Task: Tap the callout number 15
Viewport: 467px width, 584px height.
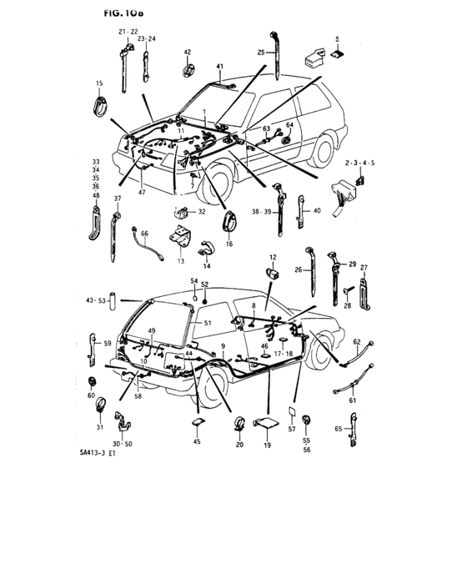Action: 99,84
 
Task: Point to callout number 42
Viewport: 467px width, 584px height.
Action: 187,53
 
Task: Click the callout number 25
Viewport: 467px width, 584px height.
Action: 260,53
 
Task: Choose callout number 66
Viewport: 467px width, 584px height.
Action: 144,234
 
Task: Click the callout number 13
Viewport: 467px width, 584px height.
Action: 179,260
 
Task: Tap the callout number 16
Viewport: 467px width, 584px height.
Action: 228,244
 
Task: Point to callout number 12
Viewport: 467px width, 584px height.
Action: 272,256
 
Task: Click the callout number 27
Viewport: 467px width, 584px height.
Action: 364,267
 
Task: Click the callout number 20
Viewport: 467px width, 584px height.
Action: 239,446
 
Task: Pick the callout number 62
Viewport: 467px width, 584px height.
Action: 356,342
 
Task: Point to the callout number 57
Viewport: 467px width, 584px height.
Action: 293,429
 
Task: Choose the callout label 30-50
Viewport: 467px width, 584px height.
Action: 122,444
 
